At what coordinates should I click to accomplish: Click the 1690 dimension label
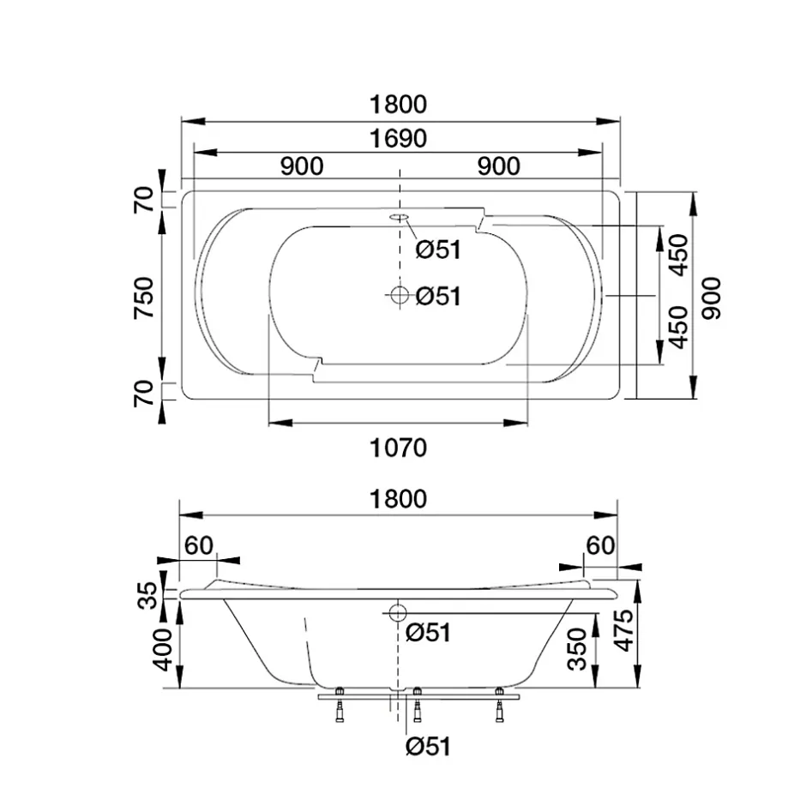point(399,139)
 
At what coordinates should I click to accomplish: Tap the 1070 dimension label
point(399,448)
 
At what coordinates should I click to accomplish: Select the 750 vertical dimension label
point(144,298)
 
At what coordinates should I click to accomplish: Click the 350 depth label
point(577,649)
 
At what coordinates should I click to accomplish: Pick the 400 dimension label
point(164,649)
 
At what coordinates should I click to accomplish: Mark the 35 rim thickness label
point(148,595)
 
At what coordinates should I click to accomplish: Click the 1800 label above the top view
point(399,105)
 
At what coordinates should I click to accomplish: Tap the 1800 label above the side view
point(399,500)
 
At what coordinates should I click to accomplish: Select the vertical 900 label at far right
point(712,298)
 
